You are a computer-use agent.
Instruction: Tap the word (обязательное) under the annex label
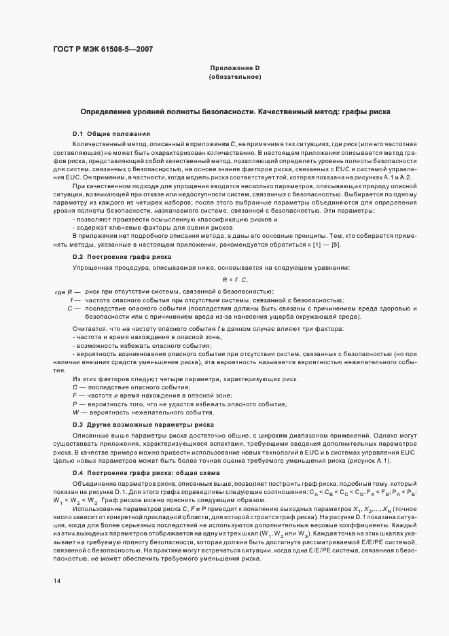click(234, 77)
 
